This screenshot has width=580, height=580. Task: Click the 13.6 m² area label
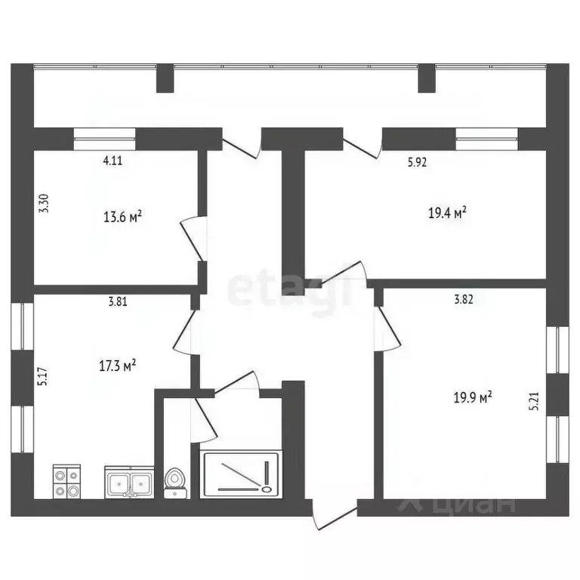(x=123, y=217)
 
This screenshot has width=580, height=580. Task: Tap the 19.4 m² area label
(x=447, y=212)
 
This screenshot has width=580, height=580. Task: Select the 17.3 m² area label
(x=118, y=366)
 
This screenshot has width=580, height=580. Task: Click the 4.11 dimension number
(x=112, y=160)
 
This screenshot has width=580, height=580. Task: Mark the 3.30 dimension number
(x=44, y=204)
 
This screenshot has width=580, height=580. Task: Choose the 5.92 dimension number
(x=418, y=160)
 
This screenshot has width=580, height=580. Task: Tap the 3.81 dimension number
(x=117, y=301)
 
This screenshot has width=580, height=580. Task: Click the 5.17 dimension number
(x=44, y=376)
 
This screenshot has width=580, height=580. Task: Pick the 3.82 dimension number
(x=464, y=299)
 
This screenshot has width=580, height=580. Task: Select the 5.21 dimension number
(x=535, y=400)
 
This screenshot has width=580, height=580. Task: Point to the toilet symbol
(x=176, y=482)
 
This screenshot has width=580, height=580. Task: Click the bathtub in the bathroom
(x=241, y=474)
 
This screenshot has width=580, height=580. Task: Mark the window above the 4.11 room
(x=105, y=135)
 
